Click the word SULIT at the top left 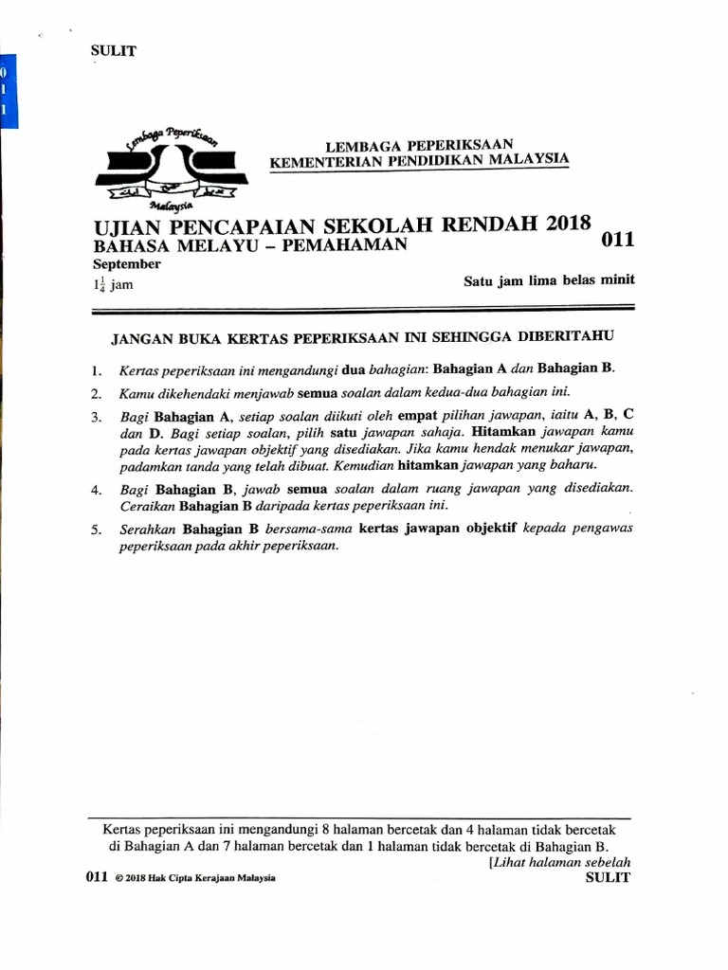click(x=112, y=51)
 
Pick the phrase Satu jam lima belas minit click(x=548, y=280)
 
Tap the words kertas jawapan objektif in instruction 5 click(x=437, y=530)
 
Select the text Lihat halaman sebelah click(x=560, y=863)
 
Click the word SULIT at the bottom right click(x=609, y=877)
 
